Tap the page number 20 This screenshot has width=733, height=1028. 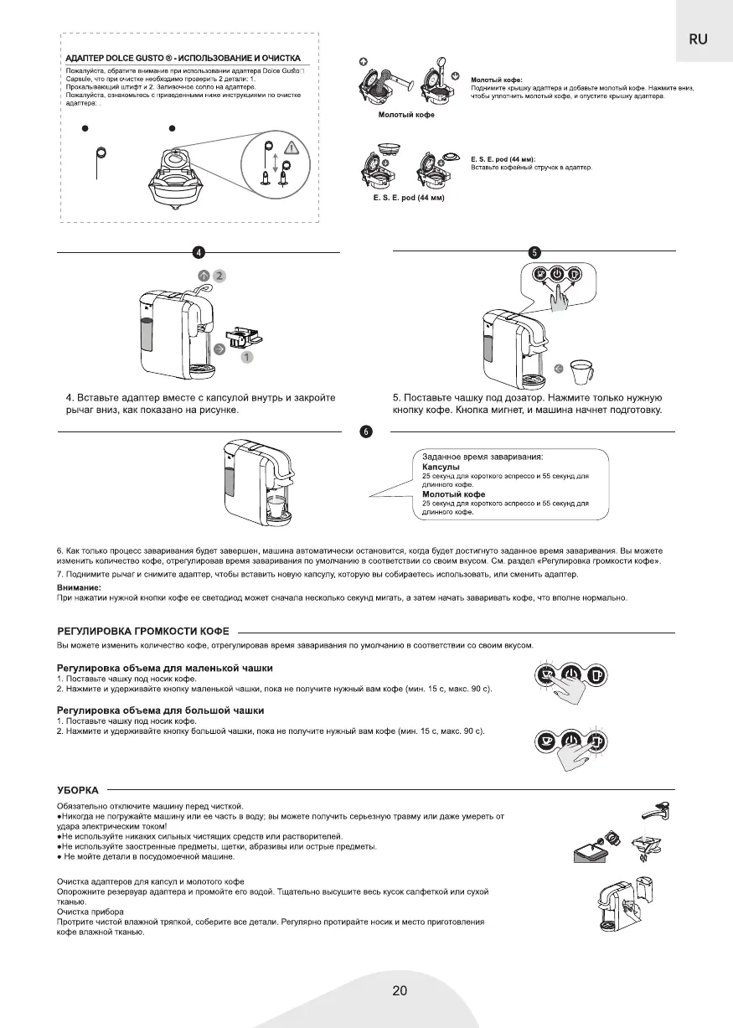pos(400,991)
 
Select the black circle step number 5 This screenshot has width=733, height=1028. pos(534,252)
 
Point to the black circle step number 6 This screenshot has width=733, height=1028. pos(366,431)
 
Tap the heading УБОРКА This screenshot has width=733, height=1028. pos(78,789)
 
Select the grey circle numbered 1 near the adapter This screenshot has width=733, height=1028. pos(247,357)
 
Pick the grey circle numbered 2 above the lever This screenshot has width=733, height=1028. pos(219,275)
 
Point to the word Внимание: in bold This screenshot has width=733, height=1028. pos(79,587)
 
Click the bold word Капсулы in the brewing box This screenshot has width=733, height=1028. pos(441,467)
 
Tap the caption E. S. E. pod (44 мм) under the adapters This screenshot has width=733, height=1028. pos(408,198)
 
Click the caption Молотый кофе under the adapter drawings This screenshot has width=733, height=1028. pos(407,114)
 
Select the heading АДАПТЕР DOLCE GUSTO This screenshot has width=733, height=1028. pos(183,58)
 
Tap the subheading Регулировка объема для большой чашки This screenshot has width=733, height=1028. pos(160,710)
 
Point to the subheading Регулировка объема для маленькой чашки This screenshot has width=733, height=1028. pos(165,668)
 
